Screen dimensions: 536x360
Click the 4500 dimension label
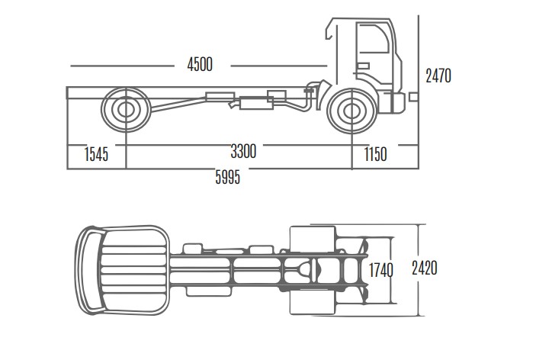tap(200, 64)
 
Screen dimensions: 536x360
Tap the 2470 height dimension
tap(438, 76)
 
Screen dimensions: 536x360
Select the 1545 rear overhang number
tap(96, 154)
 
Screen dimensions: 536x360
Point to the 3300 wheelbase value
tap(243, 151)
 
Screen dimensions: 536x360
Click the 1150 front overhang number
tap(375, 154)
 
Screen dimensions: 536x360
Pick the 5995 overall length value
tap(228, 177)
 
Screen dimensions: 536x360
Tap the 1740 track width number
tap(381, 270)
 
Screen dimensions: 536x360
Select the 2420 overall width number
tap(425, 268)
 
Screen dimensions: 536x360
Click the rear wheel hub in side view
tap(126, 109)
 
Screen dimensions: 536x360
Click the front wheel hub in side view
tap(352, 111)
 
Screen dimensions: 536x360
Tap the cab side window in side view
tap(373, 37)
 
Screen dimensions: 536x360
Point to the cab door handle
tap(363, 66)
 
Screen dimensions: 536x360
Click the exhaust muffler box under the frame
tap(256, 103)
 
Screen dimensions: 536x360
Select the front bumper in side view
tap(397, 102)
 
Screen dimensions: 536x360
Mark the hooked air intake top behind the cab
tap(329, 30)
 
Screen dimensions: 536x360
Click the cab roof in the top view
tap(134, 270)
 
